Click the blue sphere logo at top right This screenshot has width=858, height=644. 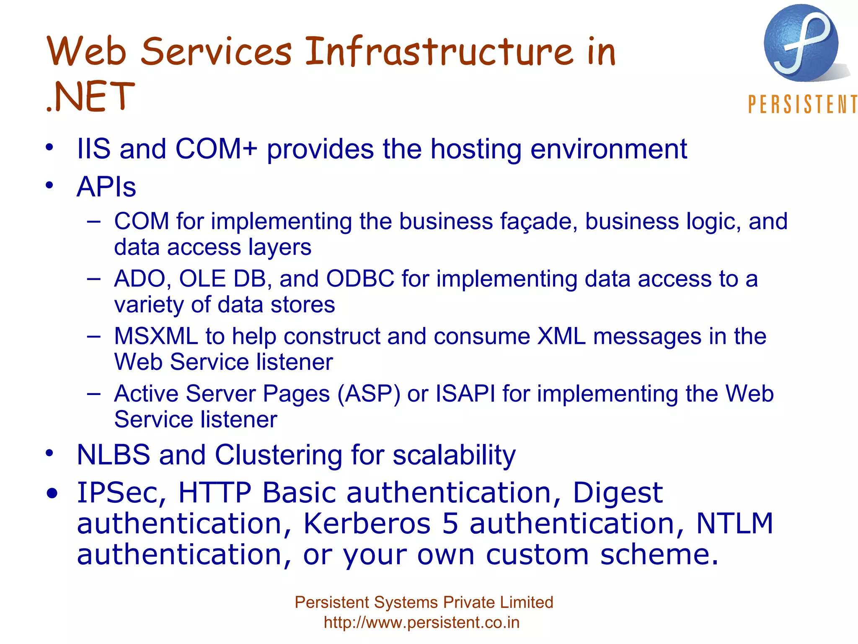(x=801, y=43)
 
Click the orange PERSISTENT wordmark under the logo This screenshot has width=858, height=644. (x=802, y=104)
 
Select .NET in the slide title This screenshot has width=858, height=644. (x=90, y=97)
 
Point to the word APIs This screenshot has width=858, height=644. (x=106, y=187)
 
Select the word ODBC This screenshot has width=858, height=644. (x=360, y=279)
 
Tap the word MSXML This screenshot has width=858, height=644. (x=156, y=336)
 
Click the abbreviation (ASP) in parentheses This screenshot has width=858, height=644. (x=369, y=394)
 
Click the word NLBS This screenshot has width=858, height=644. (x=114, y=455)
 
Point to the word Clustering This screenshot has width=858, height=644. (x=279, y=455)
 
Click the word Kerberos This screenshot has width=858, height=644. (x=367, y=524)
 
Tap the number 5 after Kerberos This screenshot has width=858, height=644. (x=450, y=524)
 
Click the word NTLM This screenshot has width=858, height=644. (x=734, y=524)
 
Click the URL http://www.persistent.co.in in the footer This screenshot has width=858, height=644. (x=421, y=623)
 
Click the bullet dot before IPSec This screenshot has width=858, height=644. (x=52, y=494)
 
